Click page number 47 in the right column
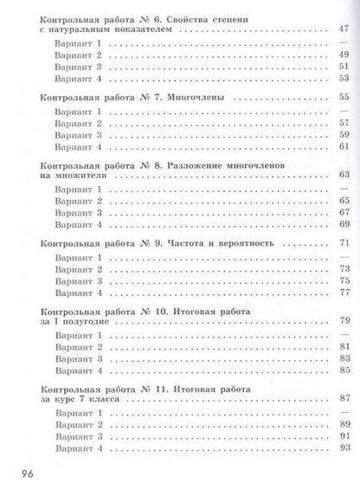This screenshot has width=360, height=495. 343,29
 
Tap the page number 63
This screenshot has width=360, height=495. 343,177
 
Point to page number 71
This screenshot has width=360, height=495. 343,244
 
